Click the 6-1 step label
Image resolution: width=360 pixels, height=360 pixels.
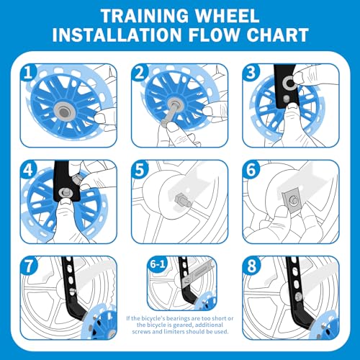coord(158,265)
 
